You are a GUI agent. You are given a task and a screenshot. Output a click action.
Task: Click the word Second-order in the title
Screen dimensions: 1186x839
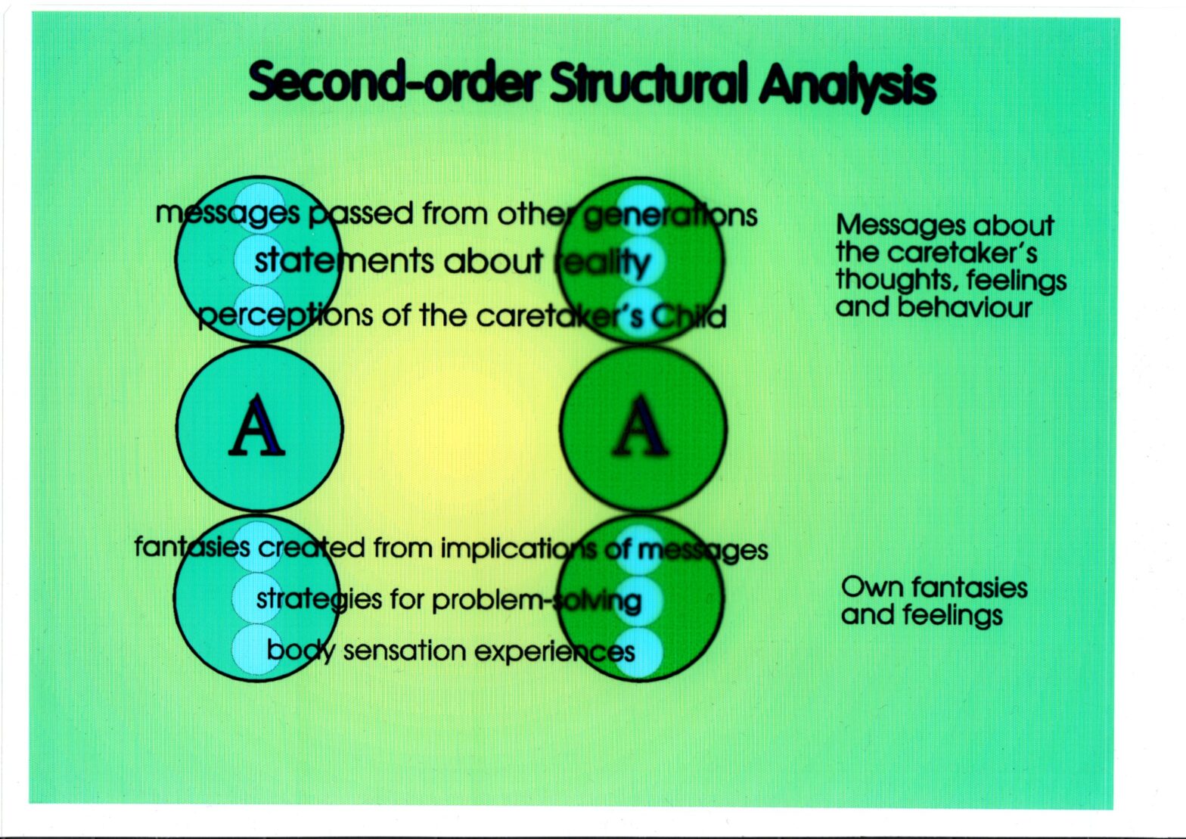coord(395,82)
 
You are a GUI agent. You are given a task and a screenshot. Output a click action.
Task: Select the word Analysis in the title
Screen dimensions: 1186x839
coord(847,85)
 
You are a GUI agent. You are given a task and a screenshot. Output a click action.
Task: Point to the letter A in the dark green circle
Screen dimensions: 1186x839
coord(640,427)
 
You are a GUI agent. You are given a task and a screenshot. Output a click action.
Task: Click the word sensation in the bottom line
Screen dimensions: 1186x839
coord(405,651)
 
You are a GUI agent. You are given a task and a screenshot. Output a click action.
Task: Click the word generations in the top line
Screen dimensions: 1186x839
coord(670,216)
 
